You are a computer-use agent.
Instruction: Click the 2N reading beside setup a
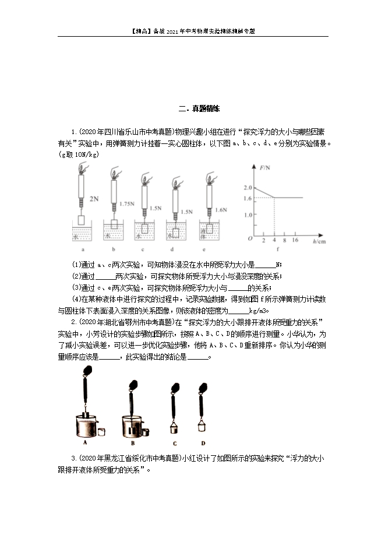click(96, 199)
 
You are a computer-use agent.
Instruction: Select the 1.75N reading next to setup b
click(126, 204)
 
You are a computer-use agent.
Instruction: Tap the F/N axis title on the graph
click(266, 168)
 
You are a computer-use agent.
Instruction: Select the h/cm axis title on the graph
click(319, 240)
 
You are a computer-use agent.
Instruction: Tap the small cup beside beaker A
click(102, 431)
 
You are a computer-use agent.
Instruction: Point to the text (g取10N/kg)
click(79, 154)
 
